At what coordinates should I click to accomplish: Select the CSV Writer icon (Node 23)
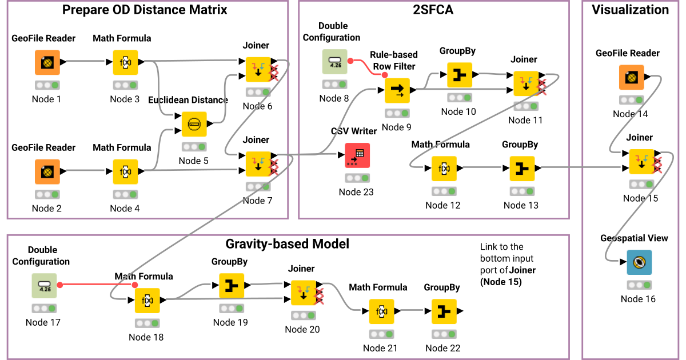click(x=357, y=155)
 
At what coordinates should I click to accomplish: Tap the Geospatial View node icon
click(x=639, y=262)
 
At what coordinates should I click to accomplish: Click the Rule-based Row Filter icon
click(x=397, y=90)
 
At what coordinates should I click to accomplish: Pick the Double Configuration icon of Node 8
click(x=334, y=62)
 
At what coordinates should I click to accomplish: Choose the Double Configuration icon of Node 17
click(x=44, y=285)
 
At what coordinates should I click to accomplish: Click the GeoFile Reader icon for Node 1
click(x=47, y=62)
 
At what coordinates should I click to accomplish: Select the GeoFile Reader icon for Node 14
click(x=631, y=77)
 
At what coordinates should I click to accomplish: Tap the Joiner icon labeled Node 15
click(x=641, y=162)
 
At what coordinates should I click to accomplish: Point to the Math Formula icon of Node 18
click(x=147, y=300)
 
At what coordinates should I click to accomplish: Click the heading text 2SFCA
click(x=433, y=10)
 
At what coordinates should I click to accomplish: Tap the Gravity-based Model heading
click(x=287, y=244)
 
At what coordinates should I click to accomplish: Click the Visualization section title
click(x=630, y=10)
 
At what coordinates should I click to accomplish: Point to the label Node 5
click(x=194, y=161)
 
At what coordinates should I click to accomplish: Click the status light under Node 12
click(x=444, y=191)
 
